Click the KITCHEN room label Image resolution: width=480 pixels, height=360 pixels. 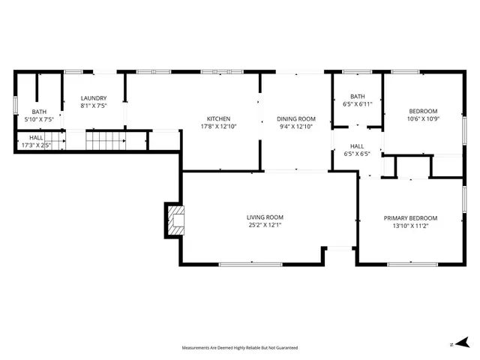pos(218,118)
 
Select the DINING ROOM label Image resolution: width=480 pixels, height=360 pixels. pos(296,118)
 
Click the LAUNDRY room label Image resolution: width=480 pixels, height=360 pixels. pos(94,97)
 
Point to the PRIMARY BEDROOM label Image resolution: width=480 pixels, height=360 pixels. pos(410,218)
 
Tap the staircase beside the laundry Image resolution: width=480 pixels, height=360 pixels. pos(104,140)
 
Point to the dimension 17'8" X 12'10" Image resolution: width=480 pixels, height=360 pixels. pos(218,127)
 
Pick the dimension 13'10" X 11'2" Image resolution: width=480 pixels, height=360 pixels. pos(410,226)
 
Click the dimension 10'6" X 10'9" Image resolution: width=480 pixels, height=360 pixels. pos(422,118)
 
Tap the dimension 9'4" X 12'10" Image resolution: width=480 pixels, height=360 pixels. pos(296,127)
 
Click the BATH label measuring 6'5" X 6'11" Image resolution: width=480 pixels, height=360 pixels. pos(357,96)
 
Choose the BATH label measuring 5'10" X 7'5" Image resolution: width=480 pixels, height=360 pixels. pos(40,111)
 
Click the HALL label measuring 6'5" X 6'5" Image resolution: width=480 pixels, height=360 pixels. pos(357,146)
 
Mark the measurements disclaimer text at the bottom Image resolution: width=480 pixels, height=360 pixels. pos(240,348)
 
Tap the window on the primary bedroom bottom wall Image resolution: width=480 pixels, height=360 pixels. pos(409,263)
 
